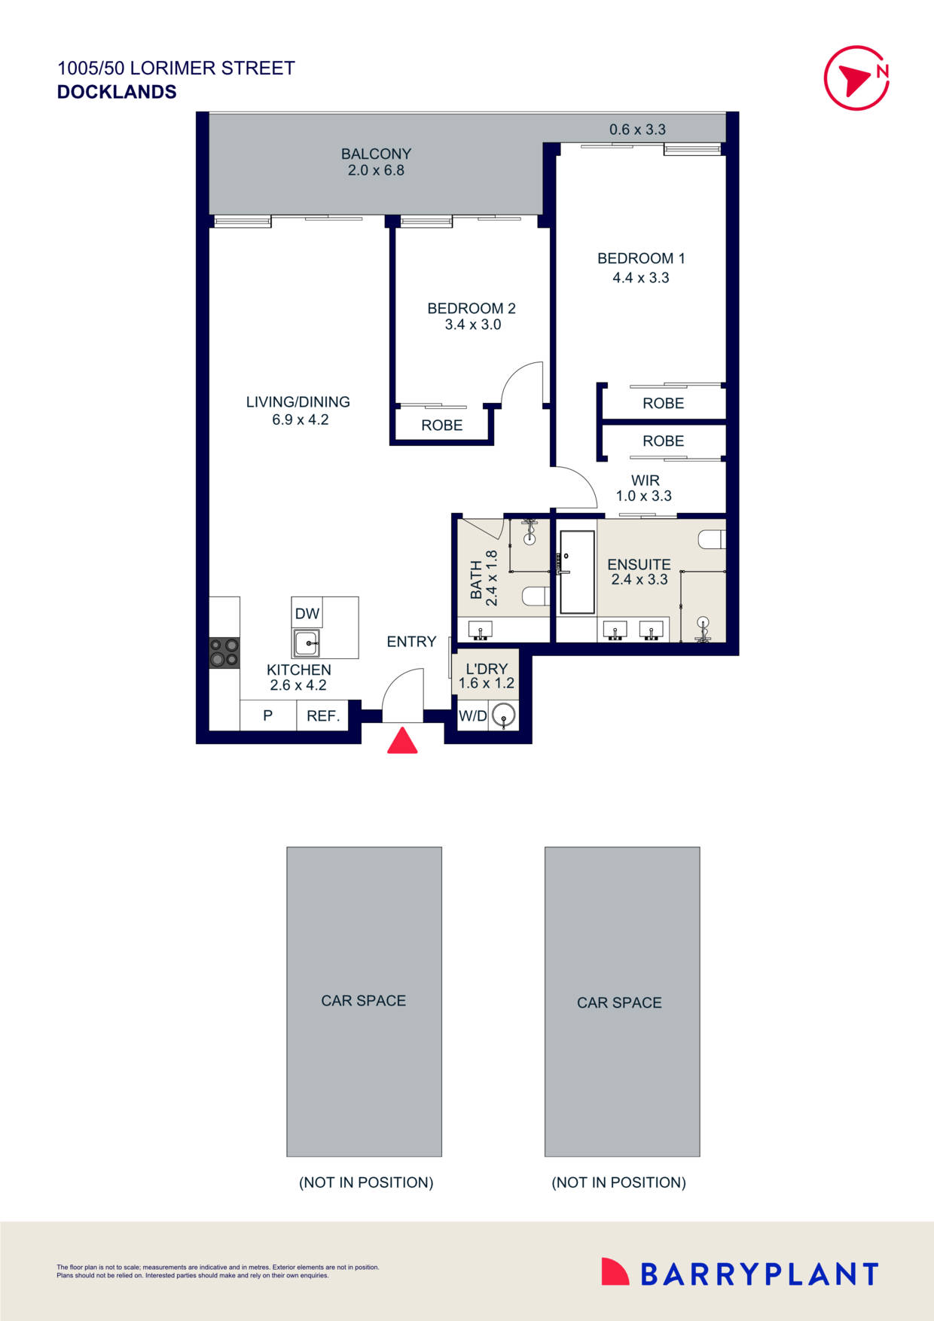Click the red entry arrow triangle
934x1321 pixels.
point(402,741)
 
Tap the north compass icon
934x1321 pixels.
point(856,78)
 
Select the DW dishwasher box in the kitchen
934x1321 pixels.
point(307,613)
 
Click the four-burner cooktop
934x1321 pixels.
point(224,652)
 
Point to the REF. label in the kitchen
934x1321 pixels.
point(323,716)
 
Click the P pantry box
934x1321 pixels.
point(267,716)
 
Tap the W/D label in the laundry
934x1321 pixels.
point(472,716)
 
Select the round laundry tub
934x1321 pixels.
point(503,715)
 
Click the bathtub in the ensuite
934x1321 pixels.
point(577,572)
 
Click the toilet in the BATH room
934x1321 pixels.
point(536,596)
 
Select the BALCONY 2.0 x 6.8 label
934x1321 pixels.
point(376,162)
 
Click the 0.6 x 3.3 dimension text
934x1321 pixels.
point(637,130)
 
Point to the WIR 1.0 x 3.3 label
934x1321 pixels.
point(644,488)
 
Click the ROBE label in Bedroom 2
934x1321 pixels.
point(441,426)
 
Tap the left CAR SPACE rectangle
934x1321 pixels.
point(364,1001)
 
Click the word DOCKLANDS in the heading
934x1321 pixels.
point(117,92)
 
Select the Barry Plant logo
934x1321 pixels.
point(740,1274)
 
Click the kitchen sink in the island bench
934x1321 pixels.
point(307,644)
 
